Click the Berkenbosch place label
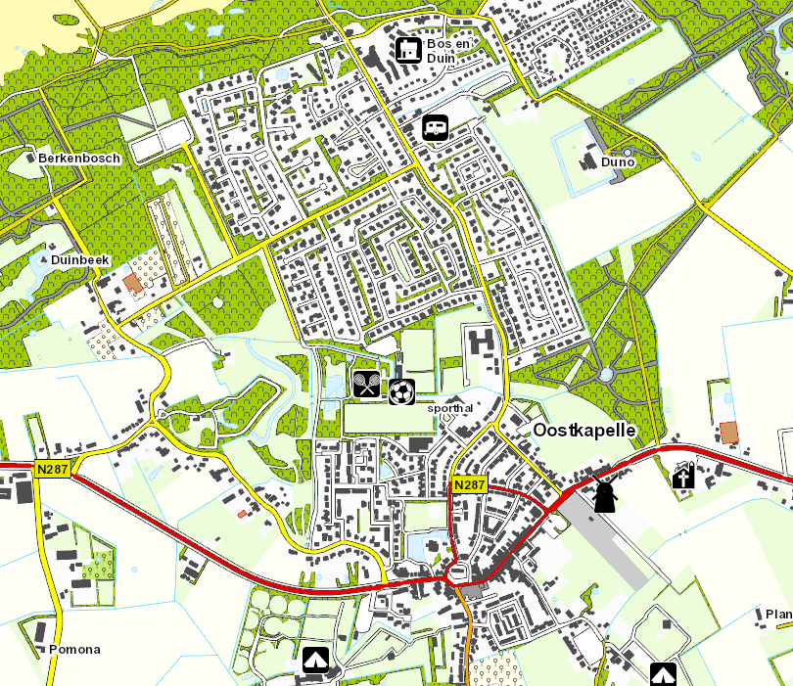click(x=78, y=158)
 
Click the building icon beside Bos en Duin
click(x=407, y=48)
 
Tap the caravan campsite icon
click(x=435, y=126)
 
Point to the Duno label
click(x=618, y=161)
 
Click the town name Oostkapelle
click(x=584, y=431)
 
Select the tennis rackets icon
click(x=367, y=385)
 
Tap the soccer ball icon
click(x=401, y=391)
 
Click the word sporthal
click(x=450, y=408)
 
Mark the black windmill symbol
click(x=604, y=494)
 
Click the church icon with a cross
click(x=682, y=477)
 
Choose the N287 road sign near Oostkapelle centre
click(x=470, y=485)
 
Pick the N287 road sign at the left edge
click(x=54, y=470)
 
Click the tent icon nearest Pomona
click(x=314, y=660)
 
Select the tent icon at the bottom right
click(x=663, y=674)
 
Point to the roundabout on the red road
click(x=457, y=572)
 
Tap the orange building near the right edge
click(x=728, y=432)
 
